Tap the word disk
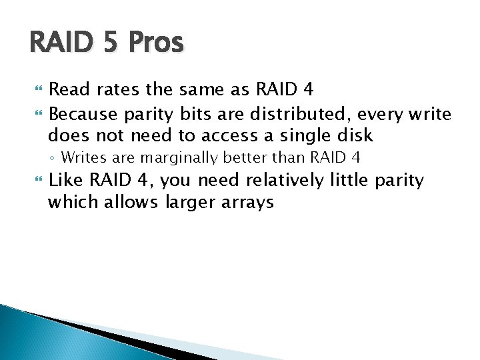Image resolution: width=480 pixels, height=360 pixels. point(356,136)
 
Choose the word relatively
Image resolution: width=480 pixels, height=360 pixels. point(290,180)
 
